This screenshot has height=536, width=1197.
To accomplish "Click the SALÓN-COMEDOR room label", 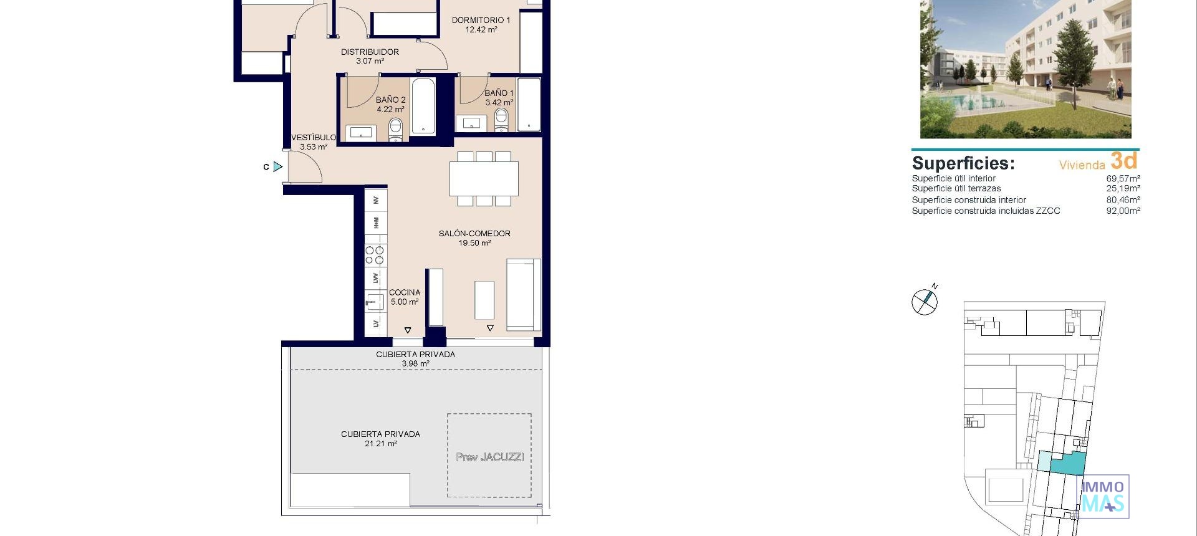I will click(474, 237).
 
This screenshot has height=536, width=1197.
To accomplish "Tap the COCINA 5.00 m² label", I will click(405, 297).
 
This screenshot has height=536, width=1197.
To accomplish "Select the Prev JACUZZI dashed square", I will click(489, 456).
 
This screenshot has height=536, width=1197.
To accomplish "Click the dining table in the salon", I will click(484, 179).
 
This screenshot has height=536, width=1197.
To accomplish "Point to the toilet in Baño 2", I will click(396, 130).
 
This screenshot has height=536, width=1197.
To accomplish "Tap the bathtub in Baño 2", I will click(423, 105).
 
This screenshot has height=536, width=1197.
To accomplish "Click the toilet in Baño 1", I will click(501, 120).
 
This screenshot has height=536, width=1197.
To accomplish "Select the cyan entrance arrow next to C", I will click(278, 167).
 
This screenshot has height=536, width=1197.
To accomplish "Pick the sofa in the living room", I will click(522, 294).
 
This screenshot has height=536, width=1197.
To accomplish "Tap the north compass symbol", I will click(925, 302).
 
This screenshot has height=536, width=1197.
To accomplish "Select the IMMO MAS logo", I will click(1103, 497).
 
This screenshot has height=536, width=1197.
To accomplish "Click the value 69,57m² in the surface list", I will click(1123, 178).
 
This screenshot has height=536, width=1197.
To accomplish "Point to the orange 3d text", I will click(1124, 161).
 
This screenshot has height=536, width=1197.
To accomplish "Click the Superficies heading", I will click(963, 163).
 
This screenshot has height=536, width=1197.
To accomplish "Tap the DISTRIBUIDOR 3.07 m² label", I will click(370, 56).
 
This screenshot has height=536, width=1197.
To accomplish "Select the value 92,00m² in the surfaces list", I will click(1123, 211).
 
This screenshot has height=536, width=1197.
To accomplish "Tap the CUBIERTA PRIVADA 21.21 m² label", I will click(380, 439).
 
